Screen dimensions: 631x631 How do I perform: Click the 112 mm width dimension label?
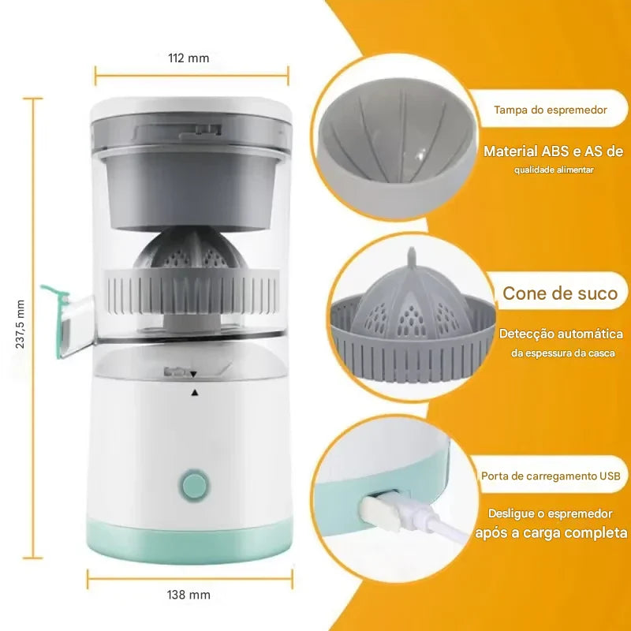click(x=189, y=58)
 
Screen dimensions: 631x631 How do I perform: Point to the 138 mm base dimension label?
click(x=189, y=595)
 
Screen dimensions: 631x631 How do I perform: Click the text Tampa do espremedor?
click(x=551, y=110)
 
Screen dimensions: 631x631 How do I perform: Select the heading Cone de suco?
click(x=560, y=294)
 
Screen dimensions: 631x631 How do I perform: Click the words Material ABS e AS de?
click(x=553, y=151)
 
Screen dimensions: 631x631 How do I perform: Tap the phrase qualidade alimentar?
click(x=555, y=170)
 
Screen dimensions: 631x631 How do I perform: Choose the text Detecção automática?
click(x=561, y=334)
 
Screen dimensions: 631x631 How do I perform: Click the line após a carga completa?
click(x=552, y=532)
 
